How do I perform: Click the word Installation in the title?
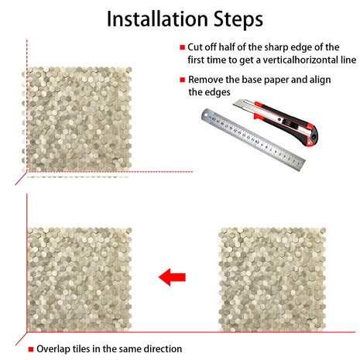pos(157,19)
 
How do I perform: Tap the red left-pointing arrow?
pos(172,277)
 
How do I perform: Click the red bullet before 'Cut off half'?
pos(183,47)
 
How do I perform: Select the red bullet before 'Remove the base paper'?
pos(183,80)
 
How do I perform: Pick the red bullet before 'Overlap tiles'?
pos(31,349)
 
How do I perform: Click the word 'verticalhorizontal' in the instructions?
pos(299,60)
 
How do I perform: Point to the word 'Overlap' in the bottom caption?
pos(53,349)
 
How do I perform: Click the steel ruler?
pos(253,139)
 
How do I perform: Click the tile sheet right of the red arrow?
pos(273,279)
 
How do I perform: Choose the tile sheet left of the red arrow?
pos(80,279)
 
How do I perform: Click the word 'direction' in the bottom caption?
pos(163,349)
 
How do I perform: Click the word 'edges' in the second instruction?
pos(217,93)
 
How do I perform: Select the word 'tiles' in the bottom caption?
pos(81,349)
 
